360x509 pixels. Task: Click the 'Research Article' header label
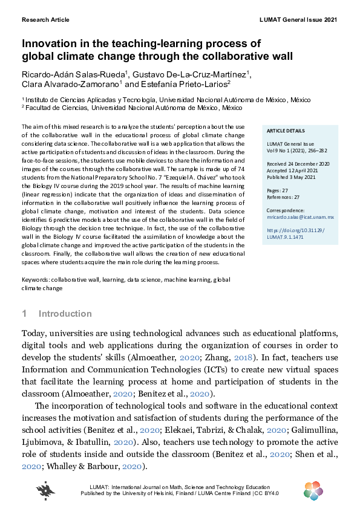45,20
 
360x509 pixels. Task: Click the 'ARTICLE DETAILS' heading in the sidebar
286,131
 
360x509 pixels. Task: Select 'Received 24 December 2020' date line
297,164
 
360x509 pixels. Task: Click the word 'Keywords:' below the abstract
36,280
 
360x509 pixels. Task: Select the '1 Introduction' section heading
57,314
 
